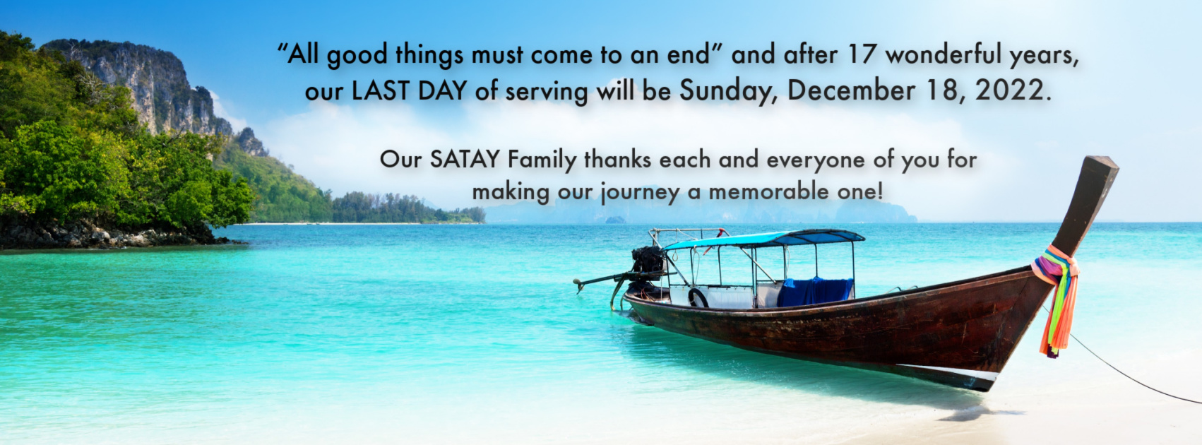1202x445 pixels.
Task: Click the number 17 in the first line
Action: coord(864,54)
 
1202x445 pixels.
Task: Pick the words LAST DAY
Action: coord(409,90)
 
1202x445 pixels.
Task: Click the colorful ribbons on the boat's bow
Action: coord(1056,298)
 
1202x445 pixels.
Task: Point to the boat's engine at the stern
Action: coord(648,261)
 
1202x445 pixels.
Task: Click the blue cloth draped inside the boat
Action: coord(814,292)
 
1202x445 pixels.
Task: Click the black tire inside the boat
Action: coord(698,298)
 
